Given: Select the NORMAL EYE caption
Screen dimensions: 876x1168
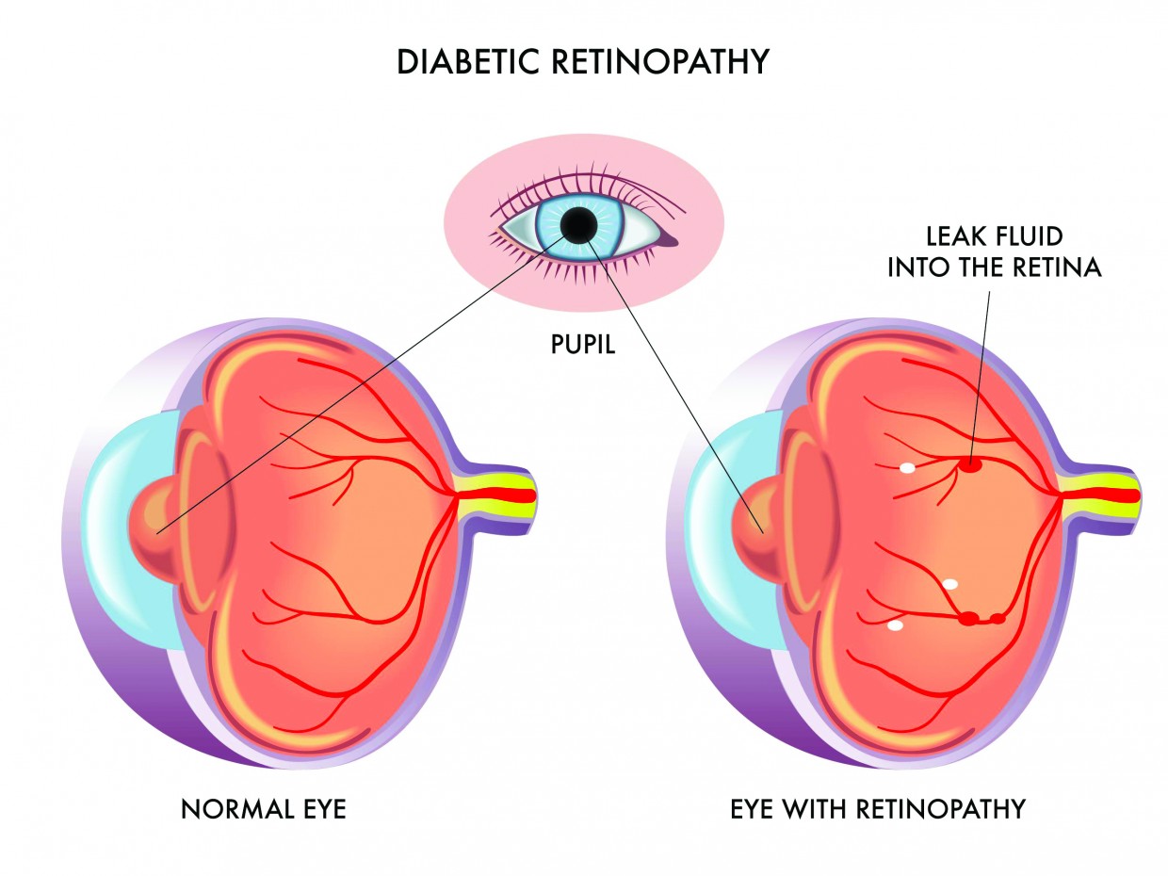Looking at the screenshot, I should pyautogui.click(x=264, y=808).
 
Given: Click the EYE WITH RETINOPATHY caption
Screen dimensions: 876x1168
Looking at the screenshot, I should pyautogui.click(x=878, y=808).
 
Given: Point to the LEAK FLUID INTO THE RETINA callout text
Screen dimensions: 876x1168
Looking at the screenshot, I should pyautogui.click(x=994, y=251).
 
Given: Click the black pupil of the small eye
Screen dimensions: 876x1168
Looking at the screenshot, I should pyautogui.click(x=578, y=225).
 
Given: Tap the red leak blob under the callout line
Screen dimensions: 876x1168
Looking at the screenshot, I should pyautogui.click(x=970, y=463).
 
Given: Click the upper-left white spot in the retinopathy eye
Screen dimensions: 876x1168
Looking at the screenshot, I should pyautogui.click(x=907, y=466).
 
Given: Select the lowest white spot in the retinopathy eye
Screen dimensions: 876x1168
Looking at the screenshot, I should pyautogui.click(x=895, y=625).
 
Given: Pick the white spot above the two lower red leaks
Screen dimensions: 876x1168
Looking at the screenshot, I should pyautogui.click(x=950, y=584).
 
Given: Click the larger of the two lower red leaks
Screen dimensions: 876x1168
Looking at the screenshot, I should pyautogui.click(x=968, y=619).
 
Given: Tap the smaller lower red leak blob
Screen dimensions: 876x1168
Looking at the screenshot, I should pyautogui.click(x=998, y=619).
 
